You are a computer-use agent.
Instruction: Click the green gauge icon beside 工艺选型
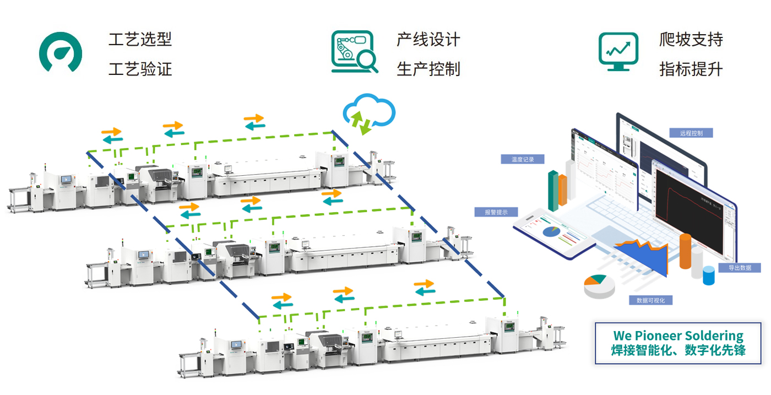tap(61, 52)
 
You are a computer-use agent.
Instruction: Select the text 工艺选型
tap(140, 40)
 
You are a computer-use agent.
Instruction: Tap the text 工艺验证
tap(140, 69)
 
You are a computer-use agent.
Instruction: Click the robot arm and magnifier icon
tap(354, 52)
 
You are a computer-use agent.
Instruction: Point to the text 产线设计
tap(428, 40)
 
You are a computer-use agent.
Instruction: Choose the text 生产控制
tap(428, 69)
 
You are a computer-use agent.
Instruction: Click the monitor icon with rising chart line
tap(618, 52)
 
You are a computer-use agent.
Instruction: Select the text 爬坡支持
tap(691, 40)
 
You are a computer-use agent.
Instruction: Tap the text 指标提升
tap(691, 69)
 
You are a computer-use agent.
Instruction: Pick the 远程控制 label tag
tap(692, 133)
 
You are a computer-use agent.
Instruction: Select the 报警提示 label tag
tap(496, 212)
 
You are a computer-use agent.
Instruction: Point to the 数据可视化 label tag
tap(650, 300)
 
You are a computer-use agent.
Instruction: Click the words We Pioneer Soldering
tap(678, 336)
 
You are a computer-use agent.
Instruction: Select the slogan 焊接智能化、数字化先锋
tap(678, 350)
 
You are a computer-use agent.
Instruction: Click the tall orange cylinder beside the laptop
tap(685, 251)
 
